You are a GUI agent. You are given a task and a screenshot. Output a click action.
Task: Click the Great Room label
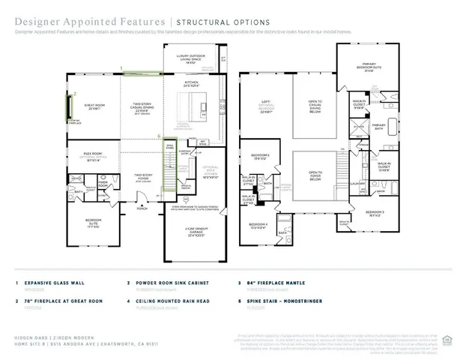click(94, 106)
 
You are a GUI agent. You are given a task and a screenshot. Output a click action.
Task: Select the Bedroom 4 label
click(258, 227)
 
